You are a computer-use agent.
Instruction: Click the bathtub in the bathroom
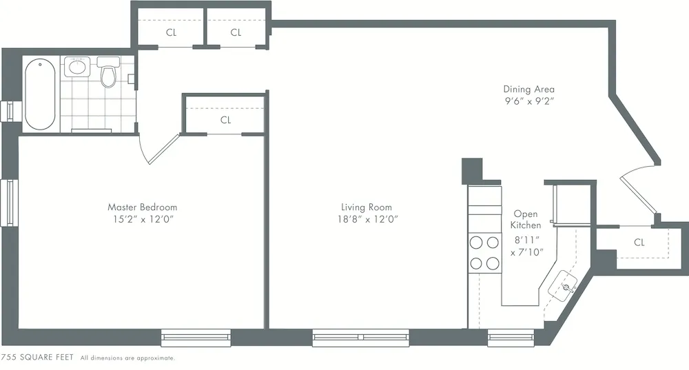coord(40,94)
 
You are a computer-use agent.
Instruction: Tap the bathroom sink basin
coord(76,68)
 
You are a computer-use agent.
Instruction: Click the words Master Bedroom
coord(142,207)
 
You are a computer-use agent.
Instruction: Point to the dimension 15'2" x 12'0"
coord(142,219)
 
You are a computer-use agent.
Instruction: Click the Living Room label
coord(366,207)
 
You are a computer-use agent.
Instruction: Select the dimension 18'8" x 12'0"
coord(366,219)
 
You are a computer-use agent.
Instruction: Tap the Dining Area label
coord(528,89)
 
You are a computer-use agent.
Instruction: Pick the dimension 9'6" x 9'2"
coord(528,101)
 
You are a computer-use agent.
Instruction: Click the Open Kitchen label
coord(525,219)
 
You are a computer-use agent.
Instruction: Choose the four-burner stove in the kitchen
coord(484,252)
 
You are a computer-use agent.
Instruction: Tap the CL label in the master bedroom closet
coord(225,120)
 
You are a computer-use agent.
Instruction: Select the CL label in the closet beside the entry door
coord(639,243)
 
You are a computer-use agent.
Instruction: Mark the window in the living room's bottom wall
coord(360,338)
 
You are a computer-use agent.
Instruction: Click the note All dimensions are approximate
coord(127,358)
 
